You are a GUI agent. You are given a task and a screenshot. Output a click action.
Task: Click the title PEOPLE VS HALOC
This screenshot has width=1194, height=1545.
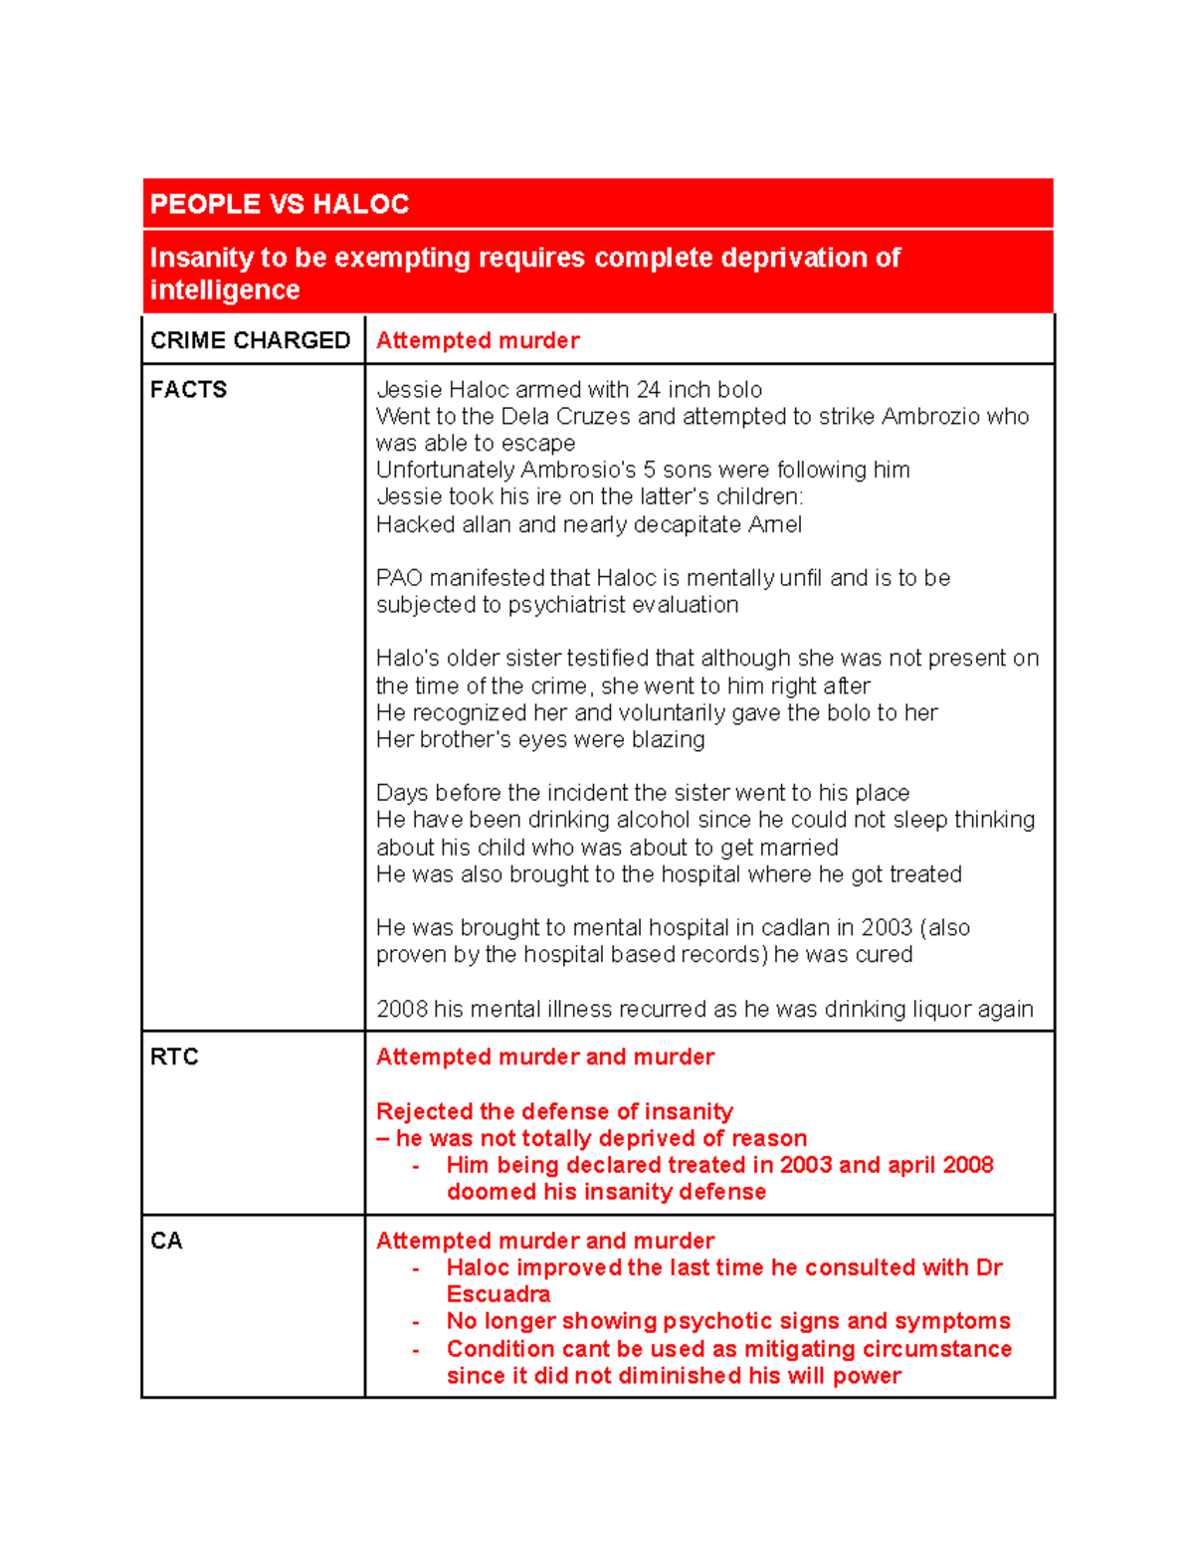coord(279,205)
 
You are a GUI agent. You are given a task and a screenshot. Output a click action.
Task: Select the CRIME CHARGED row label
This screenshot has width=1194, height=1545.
coord(250,340)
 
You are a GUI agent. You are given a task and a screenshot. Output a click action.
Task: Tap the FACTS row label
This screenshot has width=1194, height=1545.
coord(188,390)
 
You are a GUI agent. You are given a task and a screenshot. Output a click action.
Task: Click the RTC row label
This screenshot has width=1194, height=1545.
coord(174,1057)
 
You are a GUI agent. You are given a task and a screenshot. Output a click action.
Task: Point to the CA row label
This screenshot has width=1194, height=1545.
coord(166,1241)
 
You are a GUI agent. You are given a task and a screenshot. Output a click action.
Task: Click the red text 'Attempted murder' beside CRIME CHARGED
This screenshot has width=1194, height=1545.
coord(478,340)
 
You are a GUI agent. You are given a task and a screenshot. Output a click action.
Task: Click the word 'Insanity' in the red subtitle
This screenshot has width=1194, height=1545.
coord(201,258)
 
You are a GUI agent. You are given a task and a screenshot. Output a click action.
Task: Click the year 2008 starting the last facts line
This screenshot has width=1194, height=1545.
coord(401,1009)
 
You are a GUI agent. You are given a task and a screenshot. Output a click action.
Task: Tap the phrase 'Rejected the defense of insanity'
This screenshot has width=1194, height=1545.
coord(554,1111)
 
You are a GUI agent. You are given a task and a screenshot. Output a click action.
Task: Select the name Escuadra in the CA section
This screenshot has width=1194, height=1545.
coord(498,1294)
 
